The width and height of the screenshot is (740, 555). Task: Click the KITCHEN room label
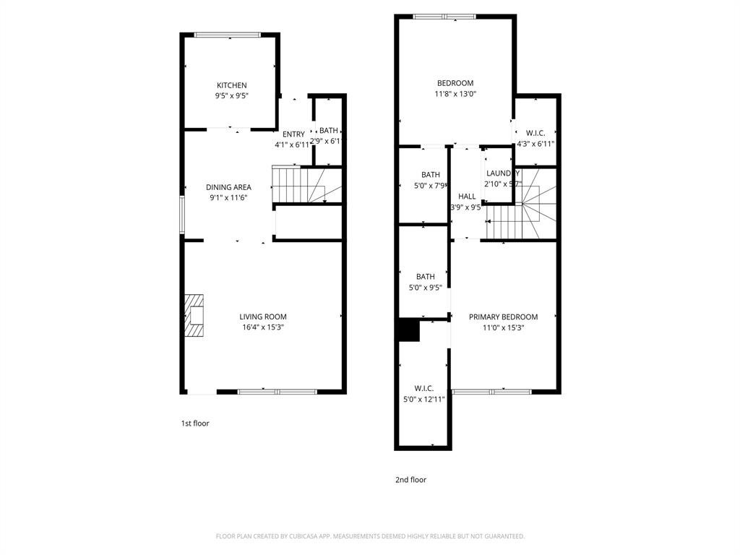tap(231, 85)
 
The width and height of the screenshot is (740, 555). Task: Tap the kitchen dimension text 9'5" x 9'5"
tap(231, 95)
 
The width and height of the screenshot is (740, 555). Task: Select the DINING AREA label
tap(228, 187)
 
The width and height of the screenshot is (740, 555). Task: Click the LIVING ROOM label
tap(263, 317)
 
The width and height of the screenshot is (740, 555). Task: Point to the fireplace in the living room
tap(194, 316)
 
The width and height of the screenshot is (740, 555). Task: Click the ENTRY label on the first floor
tap(293, 134)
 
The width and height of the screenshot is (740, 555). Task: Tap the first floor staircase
tap(298, 184)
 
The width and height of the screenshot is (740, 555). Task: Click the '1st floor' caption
tap(195, 423)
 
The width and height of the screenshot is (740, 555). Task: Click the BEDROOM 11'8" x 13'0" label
tap(455, 82)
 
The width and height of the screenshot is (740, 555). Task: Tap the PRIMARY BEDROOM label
tap(503, 317)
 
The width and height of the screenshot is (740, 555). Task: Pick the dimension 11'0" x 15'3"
tap(503, 327)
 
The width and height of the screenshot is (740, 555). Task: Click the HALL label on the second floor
tap(467, 197)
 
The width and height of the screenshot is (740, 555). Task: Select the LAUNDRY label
tap(502, 173)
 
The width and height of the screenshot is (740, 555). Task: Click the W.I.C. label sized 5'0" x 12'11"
tap(424, 388)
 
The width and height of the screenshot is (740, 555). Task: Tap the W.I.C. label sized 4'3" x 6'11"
tap(535, 133)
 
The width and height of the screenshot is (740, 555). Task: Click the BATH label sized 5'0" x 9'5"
tap(425, 277)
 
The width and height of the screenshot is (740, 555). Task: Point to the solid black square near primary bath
tap(408, 330)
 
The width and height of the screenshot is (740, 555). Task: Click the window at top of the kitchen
tap(228, 34)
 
